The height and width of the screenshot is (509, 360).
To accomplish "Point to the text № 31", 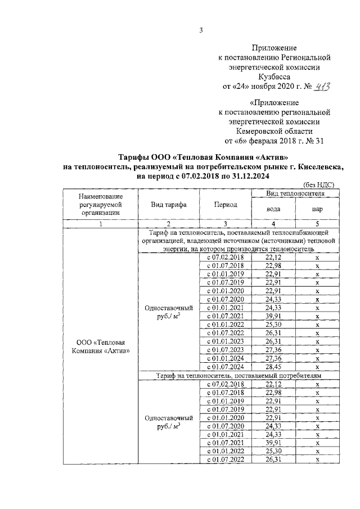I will point(314,141).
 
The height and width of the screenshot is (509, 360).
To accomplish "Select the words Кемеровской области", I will point(274,130).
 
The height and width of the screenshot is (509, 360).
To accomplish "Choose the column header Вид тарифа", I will point(169,205).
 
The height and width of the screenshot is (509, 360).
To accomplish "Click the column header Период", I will point(225,205).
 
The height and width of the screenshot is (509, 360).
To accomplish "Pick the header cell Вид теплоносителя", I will point(295,192).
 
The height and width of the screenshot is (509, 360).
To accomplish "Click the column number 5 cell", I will point(317,224).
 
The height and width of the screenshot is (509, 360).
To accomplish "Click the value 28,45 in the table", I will point(273,367).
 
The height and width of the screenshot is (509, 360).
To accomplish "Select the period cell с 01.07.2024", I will point(225,367).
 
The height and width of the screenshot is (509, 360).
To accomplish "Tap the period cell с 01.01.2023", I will point(225,341).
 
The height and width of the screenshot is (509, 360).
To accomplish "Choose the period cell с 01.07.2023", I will point(225,350).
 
